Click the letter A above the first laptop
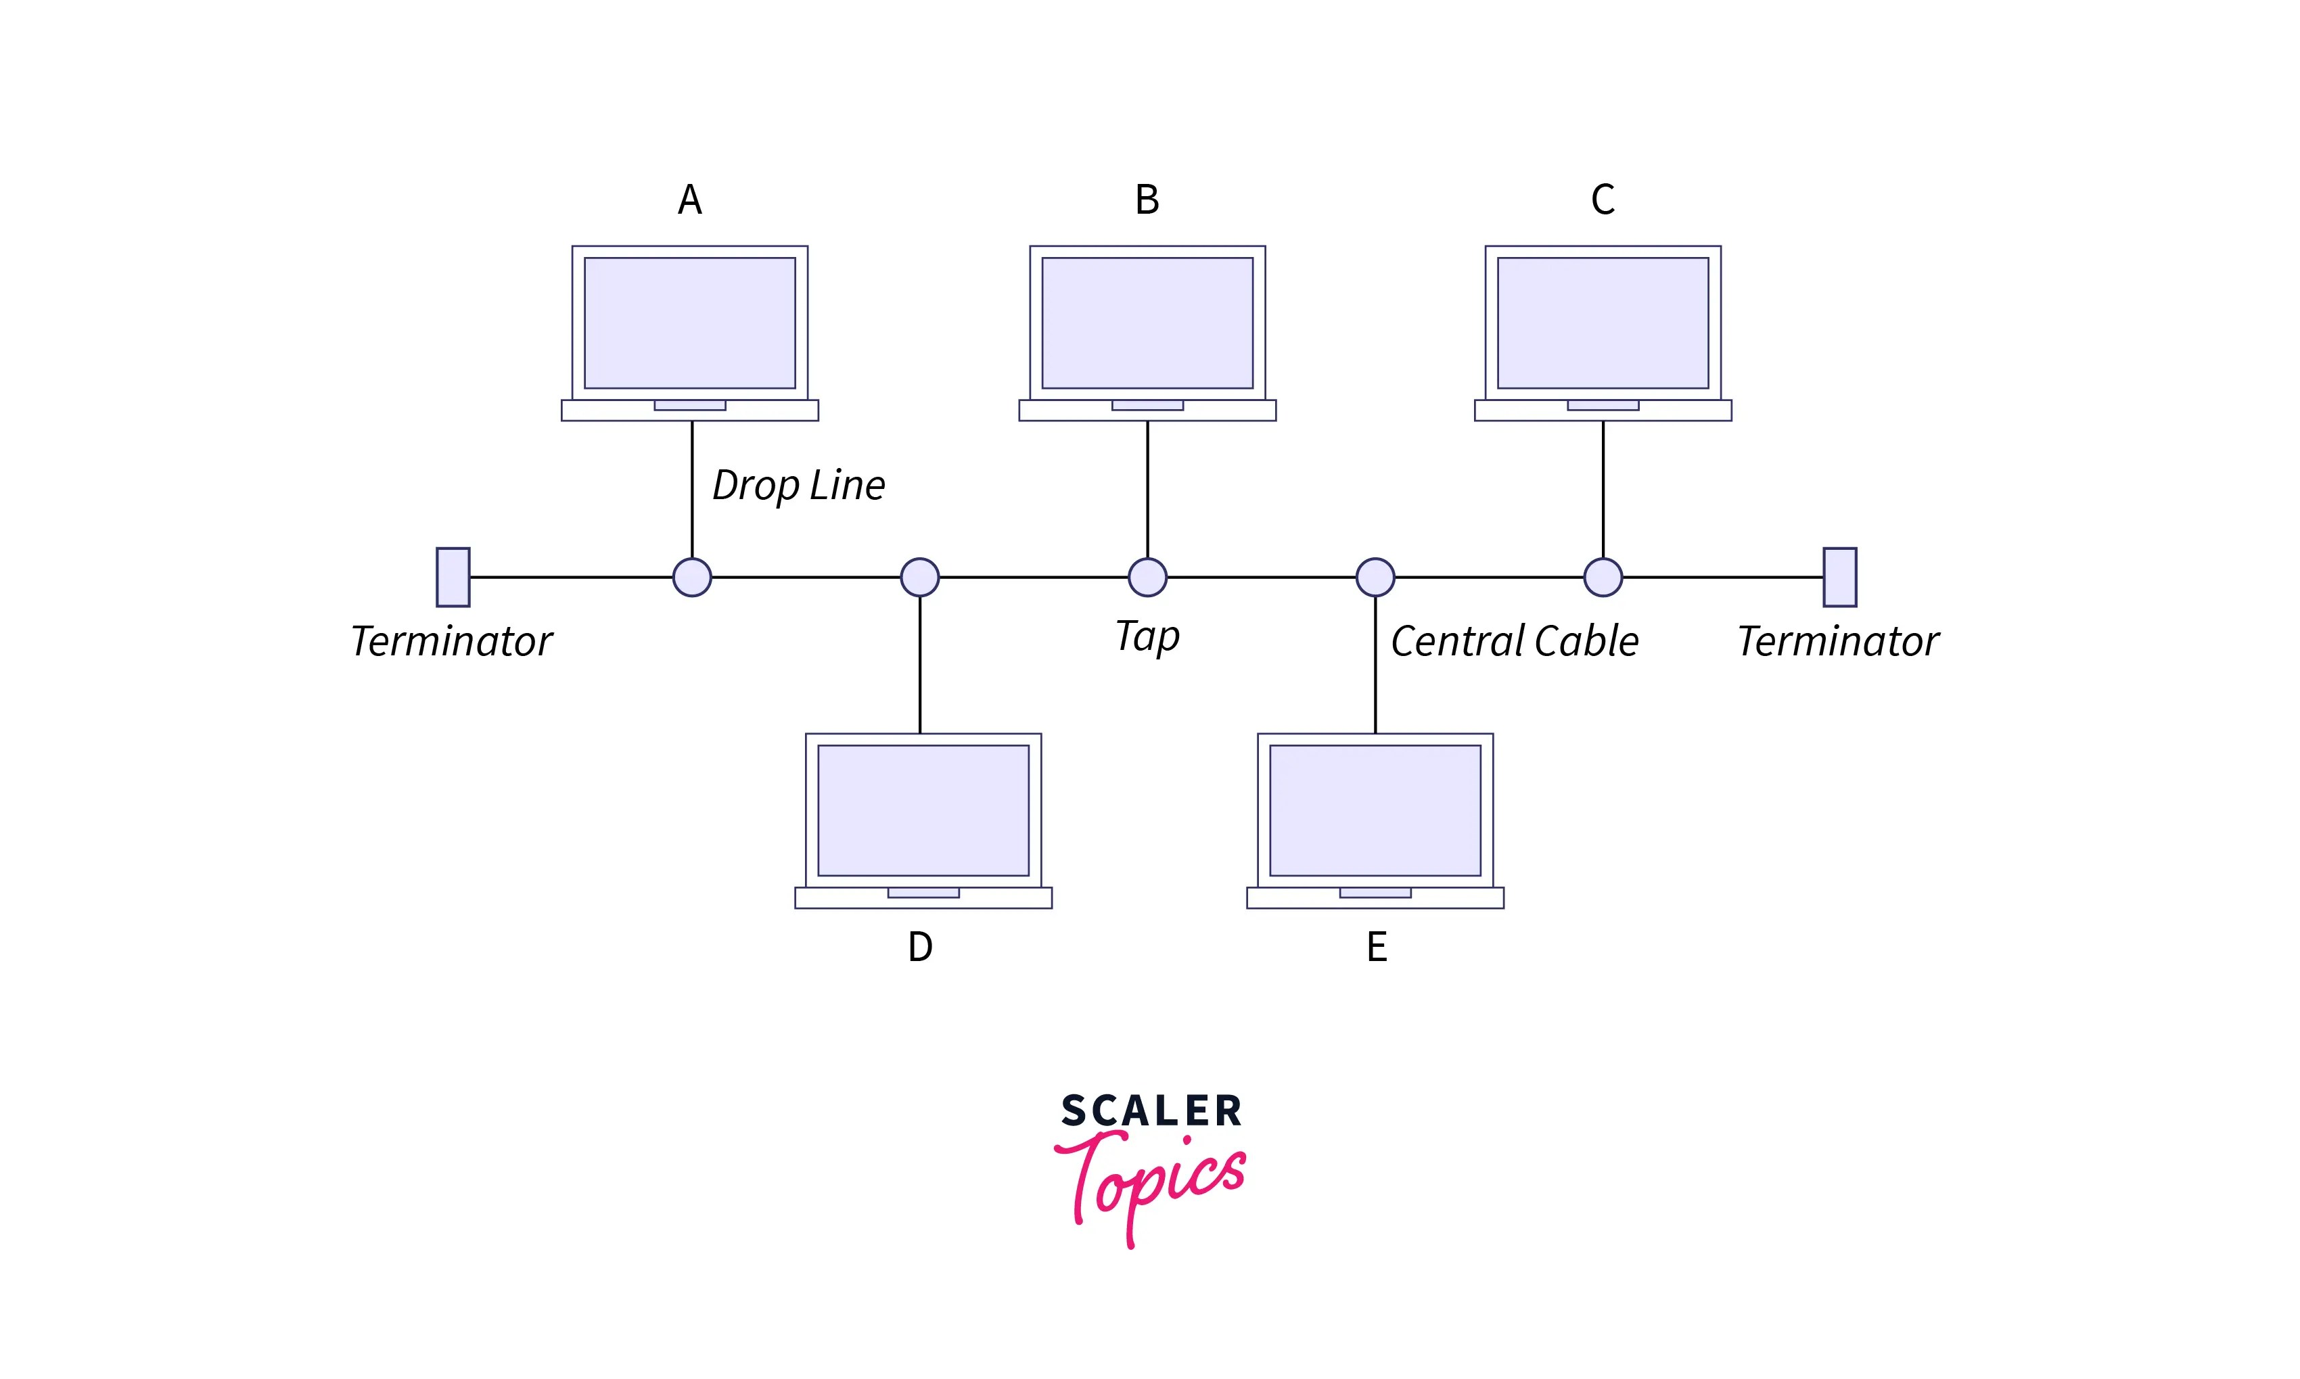[x=689, y=200]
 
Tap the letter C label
[x=1603, y=200]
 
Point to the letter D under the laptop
[x=920, y=947]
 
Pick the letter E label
[x=1377, y=947]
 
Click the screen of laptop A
[x=689, y=323]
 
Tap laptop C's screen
[x=1603, y=323]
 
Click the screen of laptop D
[x=923, y=810]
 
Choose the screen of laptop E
[x=1375, y=810]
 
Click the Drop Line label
[x=798, y=485]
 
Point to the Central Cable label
[x=1515, y=641]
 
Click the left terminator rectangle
[x=453, y=577]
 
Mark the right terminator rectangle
[x=1840, y=577]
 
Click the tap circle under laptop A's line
[x=692, y=577]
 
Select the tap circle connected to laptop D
[x=920, y=577]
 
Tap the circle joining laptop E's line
[x=1375, y=577]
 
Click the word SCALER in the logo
[x=1151, y=1111]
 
